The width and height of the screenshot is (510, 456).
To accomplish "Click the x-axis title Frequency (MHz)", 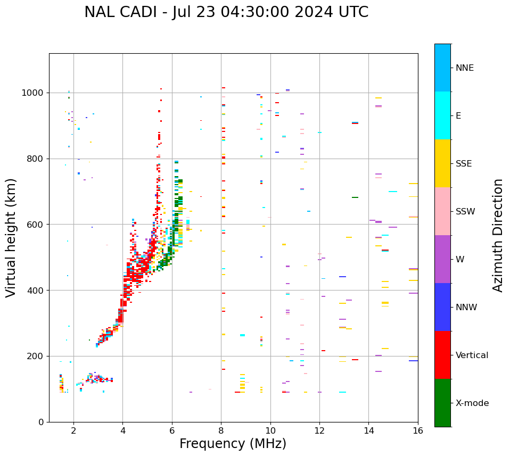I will tap(233, 444).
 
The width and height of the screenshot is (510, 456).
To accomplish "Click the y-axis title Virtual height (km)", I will tap(11, 238).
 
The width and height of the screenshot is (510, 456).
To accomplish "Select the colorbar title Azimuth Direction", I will tap(498, 235).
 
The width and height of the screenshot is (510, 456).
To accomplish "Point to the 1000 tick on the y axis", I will tap(34, 93).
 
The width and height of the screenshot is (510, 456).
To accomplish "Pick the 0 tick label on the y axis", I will tap(41, 422).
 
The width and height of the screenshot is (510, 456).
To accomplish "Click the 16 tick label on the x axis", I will tap(418, 430).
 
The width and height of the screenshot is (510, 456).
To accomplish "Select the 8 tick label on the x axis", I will tap(221, 430).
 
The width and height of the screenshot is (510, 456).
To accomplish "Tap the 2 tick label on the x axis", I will tap(73, 430).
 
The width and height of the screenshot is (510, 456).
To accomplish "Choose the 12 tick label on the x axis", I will tap(319, 430).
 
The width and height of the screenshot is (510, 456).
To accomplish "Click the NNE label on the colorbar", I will tap(465, 68).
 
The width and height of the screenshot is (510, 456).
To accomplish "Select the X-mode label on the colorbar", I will tap(472, 403).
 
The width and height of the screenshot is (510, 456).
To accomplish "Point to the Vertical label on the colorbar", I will tap(472, 355).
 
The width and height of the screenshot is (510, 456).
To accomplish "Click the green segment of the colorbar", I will tap(442, 403).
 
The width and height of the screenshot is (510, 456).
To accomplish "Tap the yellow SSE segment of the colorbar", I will tap(442, 163).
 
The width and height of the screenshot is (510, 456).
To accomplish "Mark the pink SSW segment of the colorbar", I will tap(442, 211).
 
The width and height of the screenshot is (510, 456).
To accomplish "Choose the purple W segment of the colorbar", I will tap(442, 259).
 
